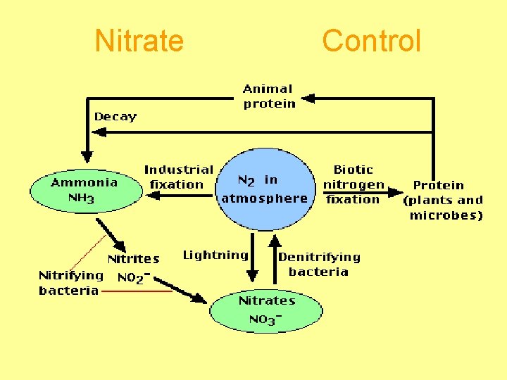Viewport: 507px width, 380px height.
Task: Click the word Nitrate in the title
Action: (139, 41)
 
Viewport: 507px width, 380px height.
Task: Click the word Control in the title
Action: (371, 41)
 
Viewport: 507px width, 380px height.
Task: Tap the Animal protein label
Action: (269, 96)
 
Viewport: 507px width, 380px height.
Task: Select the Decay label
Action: (115, 117)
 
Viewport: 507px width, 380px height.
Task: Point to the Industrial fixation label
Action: (177, 177)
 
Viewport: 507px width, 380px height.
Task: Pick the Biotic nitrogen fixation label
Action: (353, 184)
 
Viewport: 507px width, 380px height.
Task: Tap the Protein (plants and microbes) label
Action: (443, 200)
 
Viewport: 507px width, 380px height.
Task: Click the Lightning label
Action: (215, 255)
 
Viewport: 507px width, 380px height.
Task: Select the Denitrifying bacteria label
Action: (319, 265)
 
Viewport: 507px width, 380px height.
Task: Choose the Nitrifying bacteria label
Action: (70, 282)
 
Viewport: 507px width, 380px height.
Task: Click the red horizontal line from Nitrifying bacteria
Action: (137, 291)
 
